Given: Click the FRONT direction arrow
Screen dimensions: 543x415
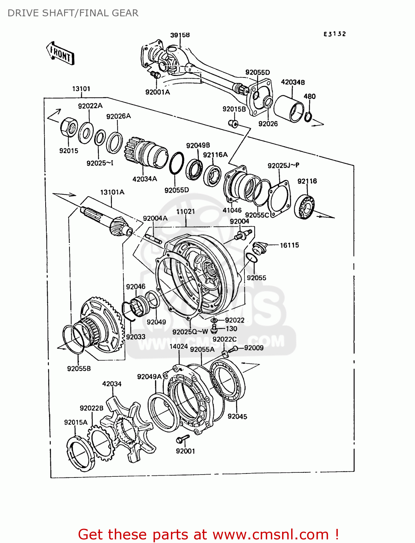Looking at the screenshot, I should (x=60, y=54).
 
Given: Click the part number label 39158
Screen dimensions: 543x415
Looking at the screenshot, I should (x=180, y=35).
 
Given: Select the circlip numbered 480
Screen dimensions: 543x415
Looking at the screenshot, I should (x=308, y=117).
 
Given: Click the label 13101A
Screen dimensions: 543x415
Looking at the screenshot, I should (x=112, y=192).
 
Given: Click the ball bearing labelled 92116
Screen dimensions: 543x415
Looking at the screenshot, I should (x=304, y=207).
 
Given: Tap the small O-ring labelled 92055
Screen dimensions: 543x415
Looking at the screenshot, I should (x=251, y=258).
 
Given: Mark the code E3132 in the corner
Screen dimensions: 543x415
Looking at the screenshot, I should (x=335, y=34).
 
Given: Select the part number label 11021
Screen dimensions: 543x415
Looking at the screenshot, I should (x=185, y=211).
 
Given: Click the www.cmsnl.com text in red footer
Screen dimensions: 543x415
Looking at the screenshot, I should (x=271, y=534).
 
